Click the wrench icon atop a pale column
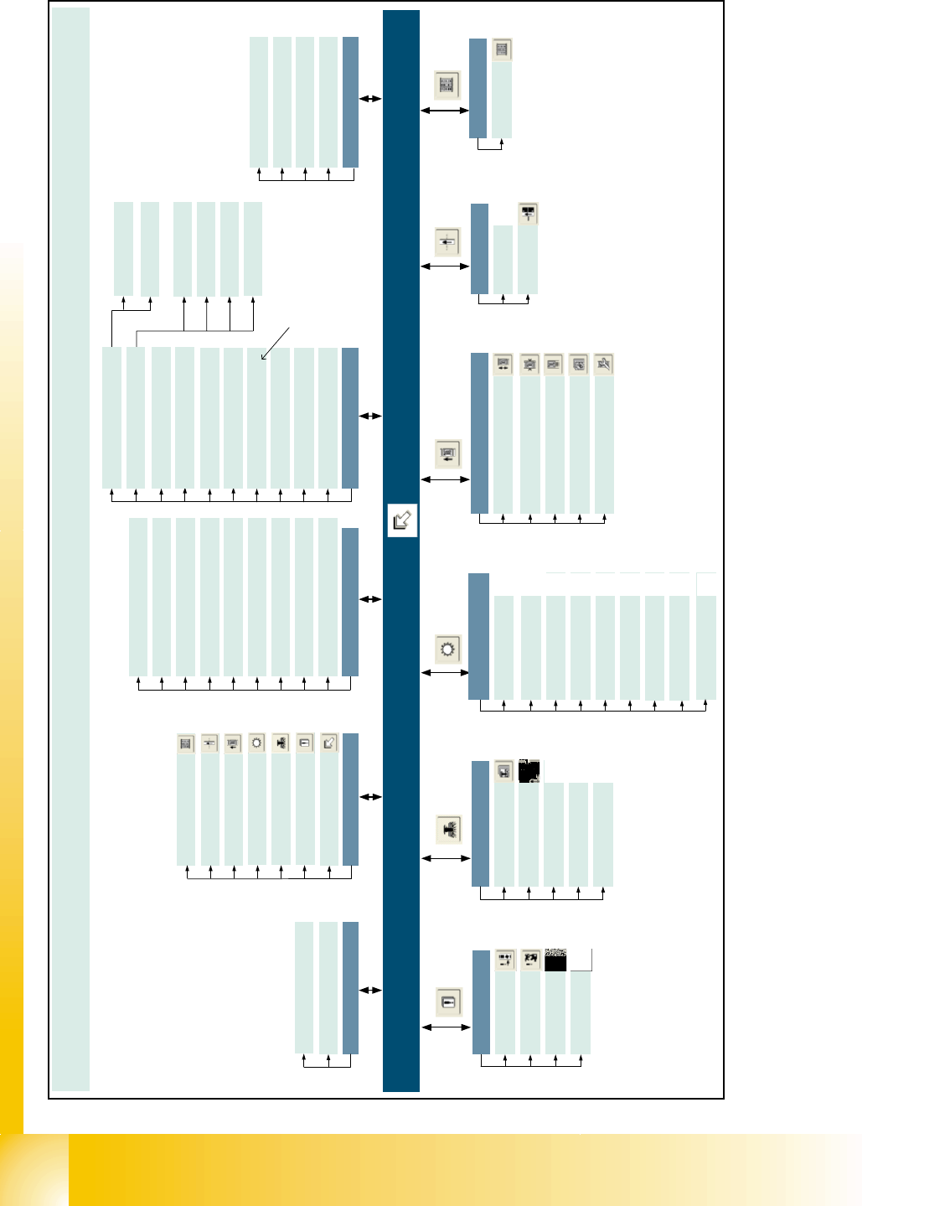coord(603,365)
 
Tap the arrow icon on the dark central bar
coord(402,521)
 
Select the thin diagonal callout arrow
coord(275,343)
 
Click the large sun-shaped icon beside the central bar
coord(448,650)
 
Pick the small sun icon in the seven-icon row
coord(256,743)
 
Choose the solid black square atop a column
coord(555,960)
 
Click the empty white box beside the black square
coord(581,960)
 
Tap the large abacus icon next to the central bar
coord(447,85)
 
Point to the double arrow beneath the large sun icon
coord(445,672)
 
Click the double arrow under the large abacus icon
coord(445,110)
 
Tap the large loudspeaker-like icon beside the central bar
coord(448,829)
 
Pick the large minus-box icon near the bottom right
coord(448,1002)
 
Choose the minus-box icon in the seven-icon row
coord(305,743)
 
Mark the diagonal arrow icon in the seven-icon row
coord(329,743)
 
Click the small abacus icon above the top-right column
coord(502,50)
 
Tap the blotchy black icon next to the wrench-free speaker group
coord(529,771)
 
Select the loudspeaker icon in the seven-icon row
coord(281,743)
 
